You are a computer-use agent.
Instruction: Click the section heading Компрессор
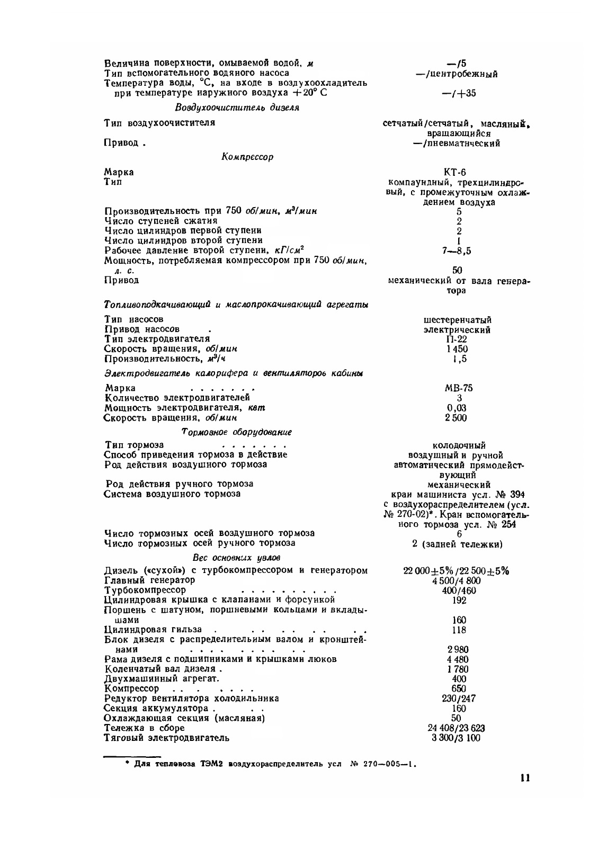[x=247, y=157]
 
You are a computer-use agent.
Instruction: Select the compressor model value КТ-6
[x=459, y=172]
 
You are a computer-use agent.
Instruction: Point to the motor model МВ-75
[x=459, y=388]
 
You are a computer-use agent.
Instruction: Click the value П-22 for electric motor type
[x=459, y=339]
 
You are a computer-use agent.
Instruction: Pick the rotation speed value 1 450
[x=459, y=349]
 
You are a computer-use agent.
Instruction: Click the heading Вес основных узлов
[x=236, y=558]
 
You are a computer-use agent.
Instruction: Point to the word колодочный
[x=459, y=445]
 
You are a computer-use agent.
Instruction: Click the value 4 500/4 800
[x=459, y=580]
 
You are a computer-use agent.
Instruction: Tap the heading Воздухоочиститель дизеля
[x=237, y=108]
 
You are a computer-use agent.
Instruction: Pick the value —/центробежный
[x=457, y=74]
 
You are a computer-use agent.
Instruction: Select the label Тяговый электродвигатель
[x=167, y=738]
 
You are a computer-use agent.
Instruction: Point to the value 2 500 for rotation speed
[x=459, y=418]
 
